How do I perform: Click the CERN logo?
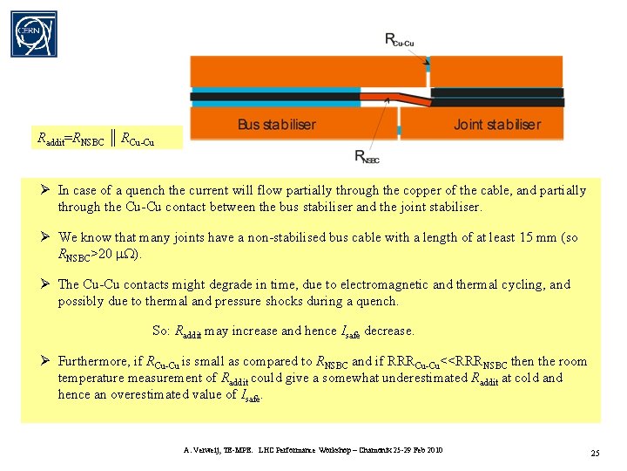[x=34, y=34]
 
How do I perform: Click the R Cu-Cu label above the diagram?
[x=401, y=39]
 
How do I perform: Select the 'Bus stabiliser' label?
[x=277, y=125]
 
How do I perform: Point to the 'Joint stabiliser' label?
[x=496, y=125]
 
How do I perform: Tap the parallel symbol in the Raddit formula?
[x=114, y=137]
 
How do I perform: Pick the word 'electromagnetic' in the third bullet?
[x=385, y=284]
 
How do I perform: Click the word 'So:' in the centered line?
[x=161, y=331]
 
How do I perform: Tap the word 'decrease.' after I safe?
[x=389, y=331]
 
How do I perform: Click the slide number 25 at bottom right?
[x=595, y=454]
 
